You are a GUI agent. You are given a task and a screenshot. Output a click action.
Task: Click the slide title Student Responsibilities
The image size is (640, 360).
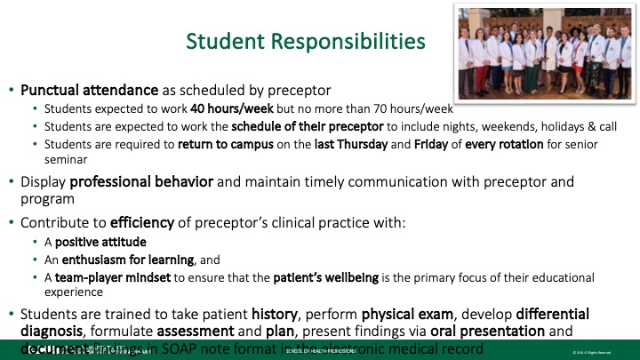tap(305, 41)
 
